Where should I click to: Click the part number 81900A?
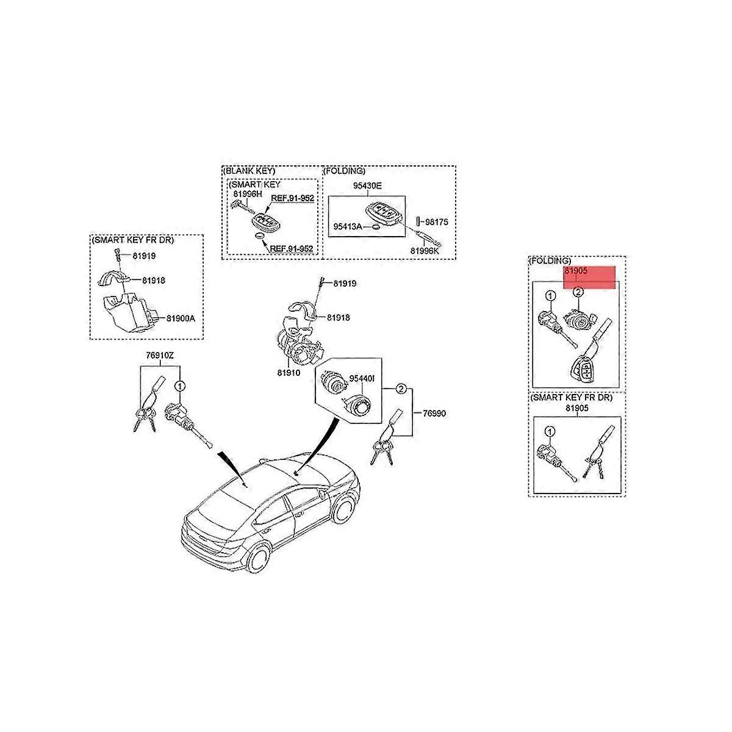point(181,318)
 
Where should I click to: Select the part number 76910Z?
point(160,355)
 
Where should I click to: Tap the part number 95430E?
point(367,186)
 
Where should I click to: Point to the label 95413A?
point(348,226)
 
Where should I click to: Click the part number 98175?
point(437,222)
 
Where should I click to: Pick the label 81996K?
point(425,251)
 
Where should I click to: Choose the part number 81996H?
point(248,194)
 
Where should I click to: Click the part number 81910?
point(289,373)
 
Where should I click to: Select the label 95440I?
point(362,378)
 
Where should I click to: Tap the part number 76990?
point(434,414)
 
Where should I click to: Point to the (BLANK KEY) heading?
point(249,171)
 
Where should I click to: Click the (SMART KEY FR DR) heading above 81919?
point(132,240)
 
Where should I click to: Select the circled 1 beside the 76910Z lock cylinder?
point(180,386)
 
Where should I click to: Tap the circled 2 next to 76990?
point(401,389)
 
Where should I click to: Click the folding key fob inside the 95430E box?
point(384,213)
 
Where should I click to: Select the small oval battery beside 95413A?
point(375,227)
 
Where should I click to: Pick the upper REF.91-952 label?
point(293,198)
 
